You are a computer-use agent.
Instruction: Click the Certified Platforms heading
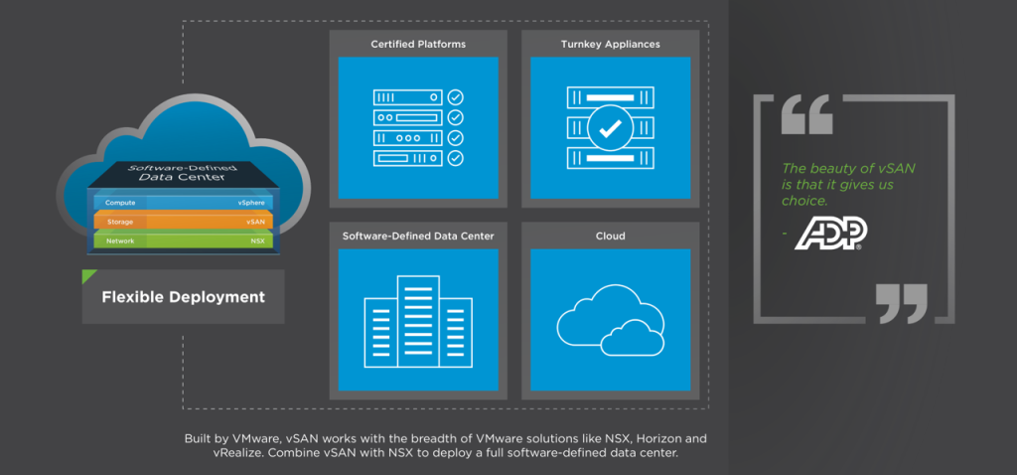coord(418,45)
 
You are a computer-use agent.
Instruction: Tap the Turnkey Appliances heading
coord(610,45)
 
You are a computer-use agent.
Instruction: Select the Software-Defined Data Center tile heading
coord(418,237)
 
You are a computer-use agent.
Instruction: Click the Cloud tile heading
coord(610,237)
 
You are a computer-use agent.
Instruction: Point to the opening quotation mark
coord(806,116)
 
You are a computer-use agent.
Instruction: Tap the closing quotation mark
coord(901,302)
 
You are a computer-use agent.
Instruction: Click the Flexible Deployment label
coord(184,297)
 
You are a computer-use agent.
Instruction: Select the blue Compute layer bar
coord(184,203)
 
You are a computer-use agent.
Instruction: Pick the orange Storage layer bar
coord(184,222)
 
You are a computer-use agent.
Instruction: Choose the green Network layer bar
coord(184,240)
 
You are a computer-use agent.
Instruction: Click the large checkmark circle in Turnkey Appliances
coord(610,128)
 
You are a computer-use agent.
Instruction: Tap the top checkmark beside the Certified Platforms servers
coord(455,98)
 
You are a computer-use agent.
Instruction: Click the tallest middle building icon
coord(417,317)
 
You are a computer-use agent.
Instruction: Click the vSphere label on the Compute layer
coord(251,203)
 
